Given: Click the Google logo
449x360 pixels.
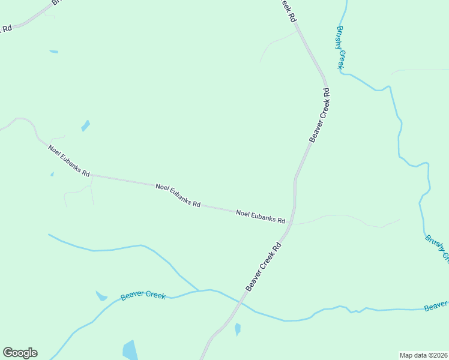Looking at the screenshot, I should click(x=20, y=353).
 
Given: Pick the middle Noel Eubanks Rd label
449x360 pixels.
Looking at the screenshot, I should click(x=178, y=195).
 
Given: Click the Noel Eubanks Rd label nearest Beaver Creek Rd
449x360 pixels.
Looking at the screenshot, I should click(x=261, y=217).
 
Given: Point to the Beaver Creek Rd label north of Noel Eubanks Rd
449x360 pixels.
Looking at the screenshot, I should click(x=319, y=115).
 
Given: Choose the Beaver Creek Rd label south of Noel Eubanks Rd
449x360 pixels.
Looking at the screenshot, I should click(x=264, y=267).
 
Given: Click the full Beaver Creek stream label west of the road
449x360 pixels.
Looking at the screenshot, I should click(x=143, y=296).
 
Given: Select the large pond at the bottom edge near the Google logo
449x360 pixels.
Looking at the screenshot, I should click(x=130, y=350).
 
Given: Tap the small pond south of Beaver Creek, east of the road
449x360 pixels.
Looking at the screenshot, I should click(x=238, y=329).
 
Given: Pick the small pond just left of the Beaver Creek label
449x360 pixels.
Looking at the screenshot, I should click(x=101, y=296).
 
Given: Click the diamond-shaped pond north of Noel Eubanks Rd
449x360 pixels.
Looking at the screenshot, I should click(x=85, y=126).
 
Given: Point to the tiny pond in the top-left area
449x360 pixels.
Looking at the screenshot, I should click(x=54, y=52).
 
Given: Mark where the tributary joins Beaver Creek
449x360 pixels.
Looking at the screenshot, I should click(x=199, y=291).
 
